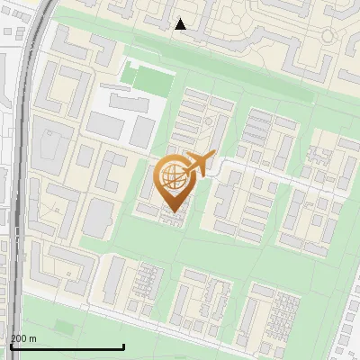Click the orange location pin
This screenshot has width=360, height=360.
172,181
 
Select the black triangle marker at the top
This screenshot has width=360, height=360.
181,24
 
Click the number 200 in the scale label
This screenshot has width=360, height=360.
19,338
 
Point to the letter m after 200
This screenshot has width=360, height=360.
33,338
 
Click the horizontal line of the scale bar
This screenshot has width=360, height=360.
67,346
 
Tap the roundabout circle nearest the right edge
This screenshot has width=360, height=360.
328,36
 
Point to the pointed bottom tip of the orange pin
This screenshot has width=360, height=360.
172,211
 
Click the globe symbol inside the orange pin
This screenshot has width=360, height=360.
171,176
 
